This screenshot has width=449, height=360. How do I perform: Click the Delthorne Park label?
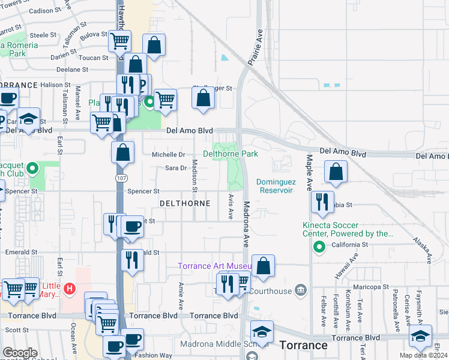tap(231, 154)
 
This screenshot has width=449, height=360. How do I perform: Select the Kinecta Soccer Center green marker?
tap(319, 247)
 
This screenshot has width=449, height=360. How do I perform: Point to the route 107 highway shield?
tap(121, 178)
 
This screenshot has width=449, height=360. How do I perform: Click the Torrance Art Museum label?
tap(215, 266)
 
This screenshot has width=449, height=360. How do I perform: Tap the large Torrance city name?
tap(304, 345)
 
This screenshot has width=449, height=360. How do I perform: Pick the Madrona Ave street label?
tap(246, 224)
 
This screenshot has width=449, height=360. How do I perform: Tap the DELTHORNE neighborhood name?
tap(185, 203)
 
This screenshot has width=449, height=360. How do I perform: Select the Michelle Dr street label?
tap(168, 154)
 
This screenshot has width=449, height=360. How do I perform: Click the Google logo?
tap(20, 353)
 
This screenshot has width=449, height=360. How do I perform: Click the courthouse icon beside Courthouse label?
tap(301, 292)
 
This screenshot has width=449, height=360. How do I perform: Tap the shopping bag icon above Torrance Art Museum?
tap(263, 266)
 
